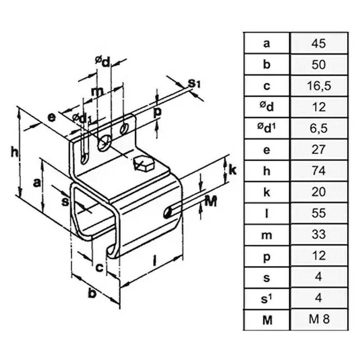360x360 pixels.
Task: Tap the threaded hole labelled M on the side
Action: coord(168,213)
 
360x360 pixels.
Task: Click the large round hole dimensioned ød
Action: coord(104,143)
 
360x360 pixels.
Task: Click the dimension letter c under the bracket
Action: coord(99,267)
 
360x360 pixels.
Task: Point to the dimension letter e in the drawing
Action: coord(51,118)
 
